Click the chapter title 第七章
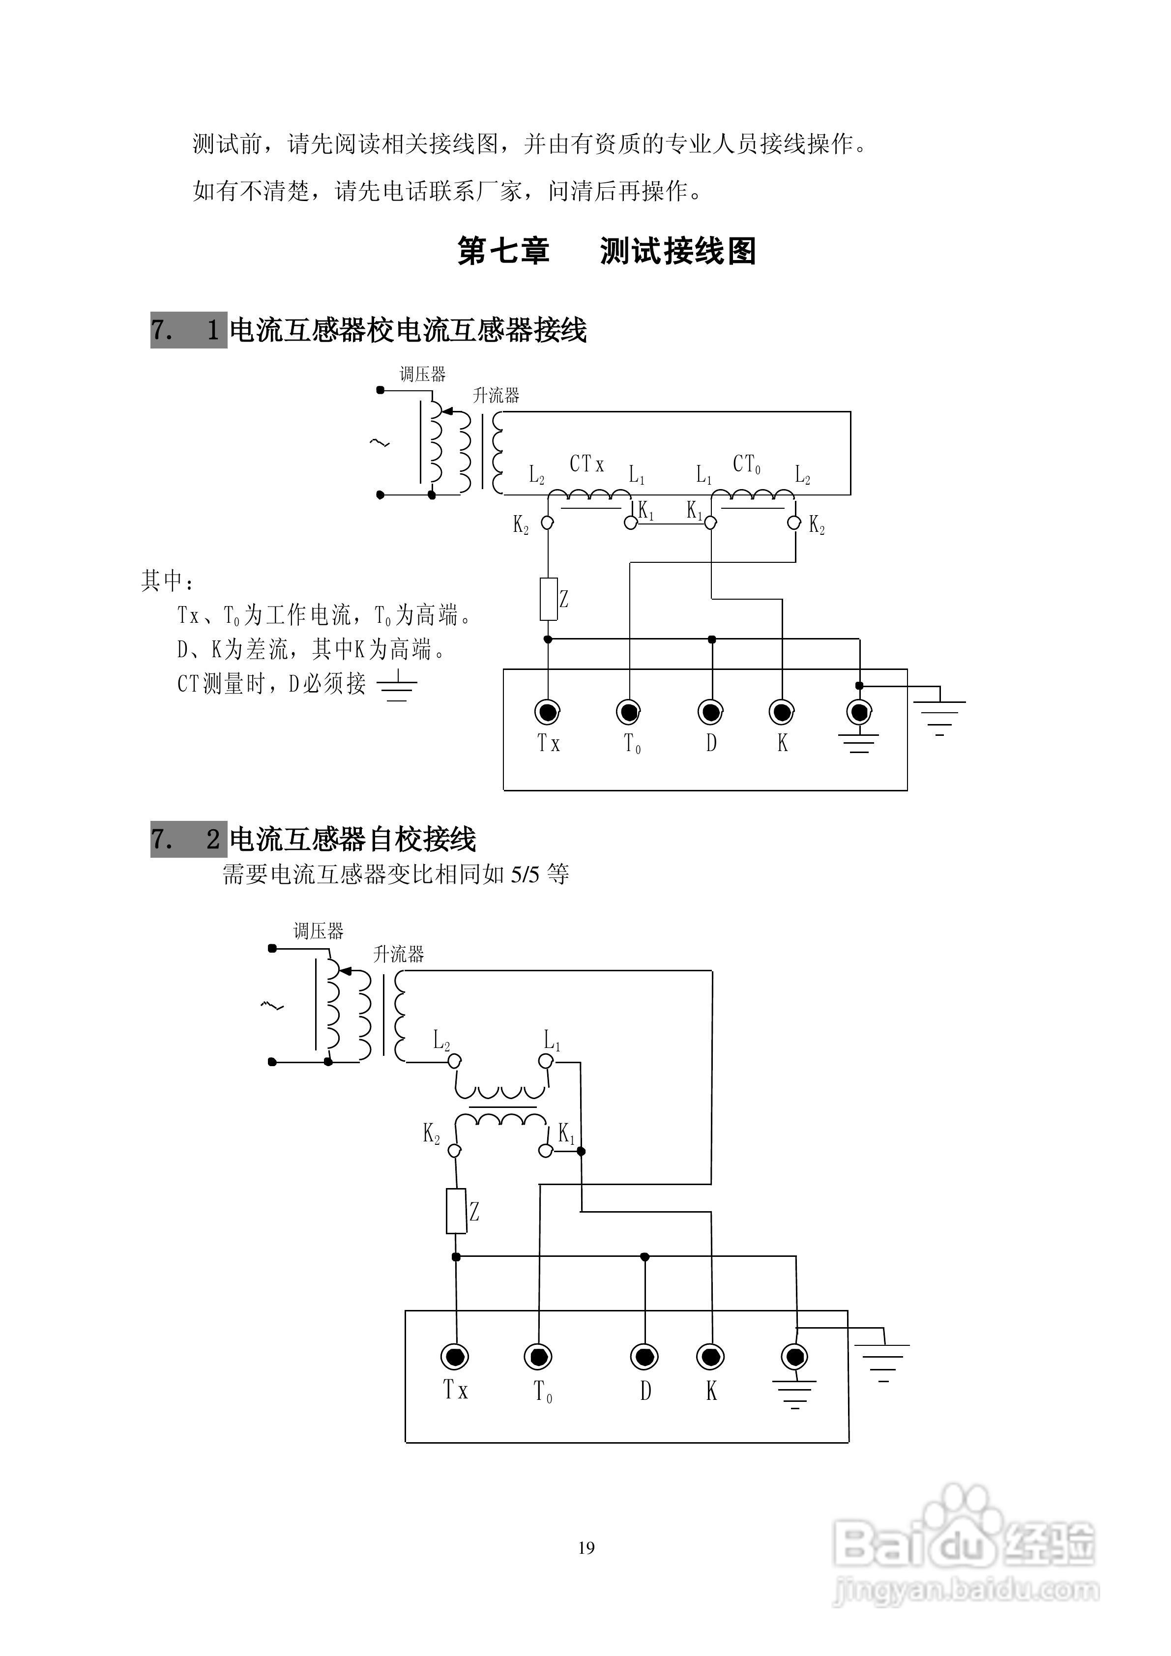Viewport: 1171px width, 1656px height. click(503, 252)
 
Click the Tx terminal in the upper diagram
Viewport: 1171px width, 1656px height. click(547, 713)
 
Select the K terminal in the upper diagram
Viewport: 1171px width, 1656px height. click(781, 713)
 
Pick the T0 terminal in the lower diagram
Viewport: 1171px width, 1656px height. click(538, 1357)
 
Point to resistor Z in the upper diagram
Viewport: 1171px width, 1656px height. click(548, 599)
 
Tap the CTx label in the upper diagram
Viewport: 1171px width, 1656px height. click(586, 464)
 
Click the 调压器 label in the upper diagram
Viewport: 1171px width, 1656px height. click(423, 375)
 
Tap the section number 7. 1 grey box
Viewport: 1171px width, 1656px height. click(188, 330)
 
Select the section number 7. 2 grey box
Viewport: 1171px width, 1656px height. click(188, 839)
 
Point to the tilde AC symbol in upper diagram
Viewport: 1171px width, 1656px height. click(380, 443)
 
